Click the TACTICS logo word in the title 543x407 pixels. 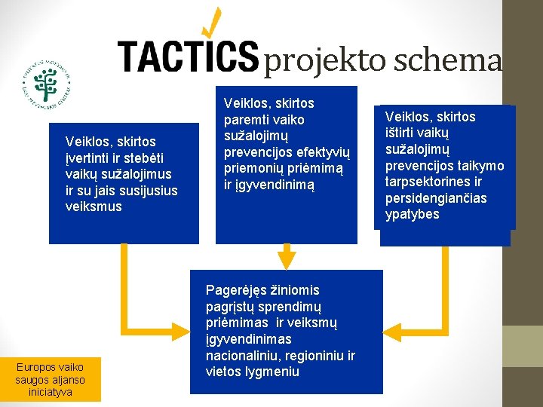188,56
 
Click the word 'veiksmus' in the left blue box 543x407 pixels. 94,207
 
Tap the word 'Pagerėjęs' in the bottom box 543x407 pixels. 235,290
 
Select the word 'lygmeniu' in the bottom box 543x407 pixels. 272,372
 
